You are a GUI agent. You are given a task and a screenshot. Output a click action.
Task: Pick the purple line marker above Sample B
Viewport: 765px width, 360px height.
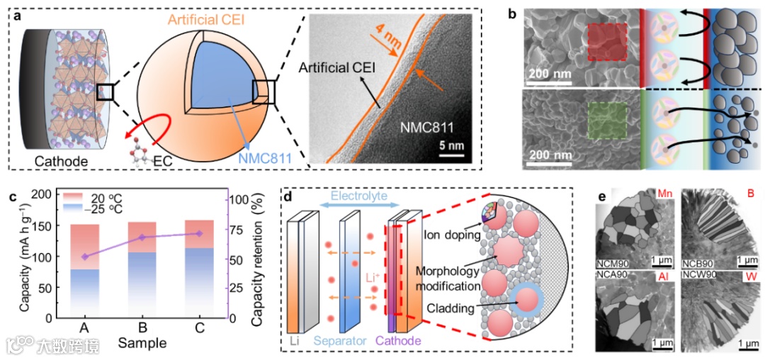[142, 237]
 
